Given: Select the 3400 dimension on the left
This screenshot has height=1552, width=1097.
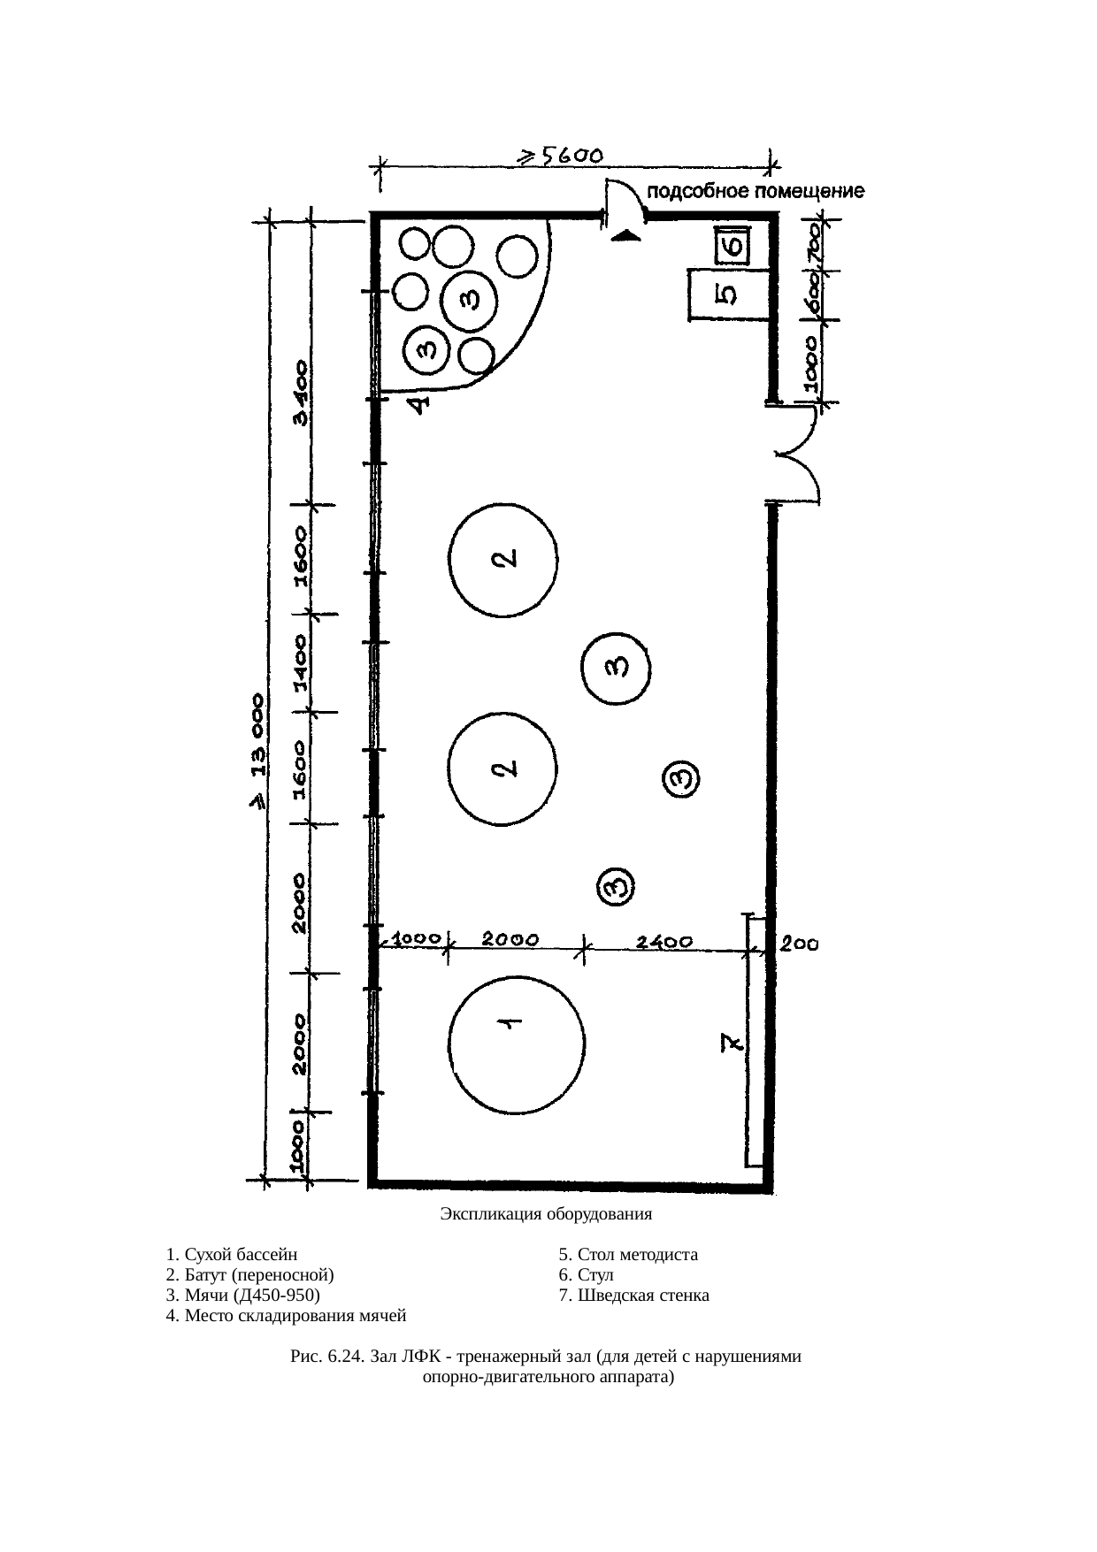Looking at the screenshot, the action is pos(302,392).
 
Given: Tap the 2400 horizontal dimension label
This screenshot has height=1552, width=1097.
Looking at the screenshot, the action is pos(664,943).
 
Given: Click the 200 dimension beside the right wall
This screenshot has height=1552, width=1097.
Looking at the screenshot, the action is pos(799,944).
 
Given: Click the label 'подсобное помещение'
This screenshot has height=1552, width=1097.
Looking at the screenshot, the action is pos(757,191).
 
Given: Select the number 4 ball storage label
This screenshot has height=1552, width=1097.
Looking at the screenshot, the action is pos(421,404).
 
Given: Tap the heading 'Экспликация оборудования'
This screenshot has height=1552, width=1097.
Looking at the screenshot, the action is pos(546,1213).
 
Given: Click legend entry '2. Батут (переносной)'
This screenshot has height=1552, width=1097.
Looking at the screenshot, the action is pos(250,1275).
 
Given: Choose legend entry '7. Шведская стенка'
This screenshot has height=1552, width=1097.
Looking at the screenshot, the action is pos(633,1296).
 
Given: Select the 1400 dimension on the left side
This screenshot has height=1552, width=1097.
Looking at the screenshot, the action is pos(302,661).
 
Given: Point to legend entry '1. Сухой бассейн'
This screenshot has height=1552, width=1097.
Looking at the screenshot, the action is pos(231,1255).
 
